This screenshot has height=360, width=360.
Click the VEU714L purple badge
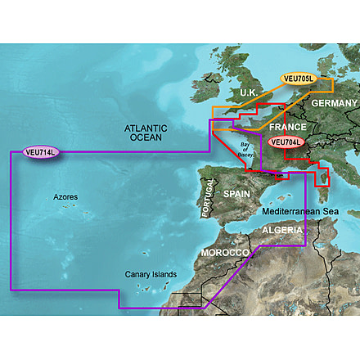pos(41,151)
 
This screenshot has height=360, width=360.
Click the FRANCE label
pos(286,127)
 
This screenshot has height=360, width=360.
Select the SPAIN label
pos(236,196)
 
